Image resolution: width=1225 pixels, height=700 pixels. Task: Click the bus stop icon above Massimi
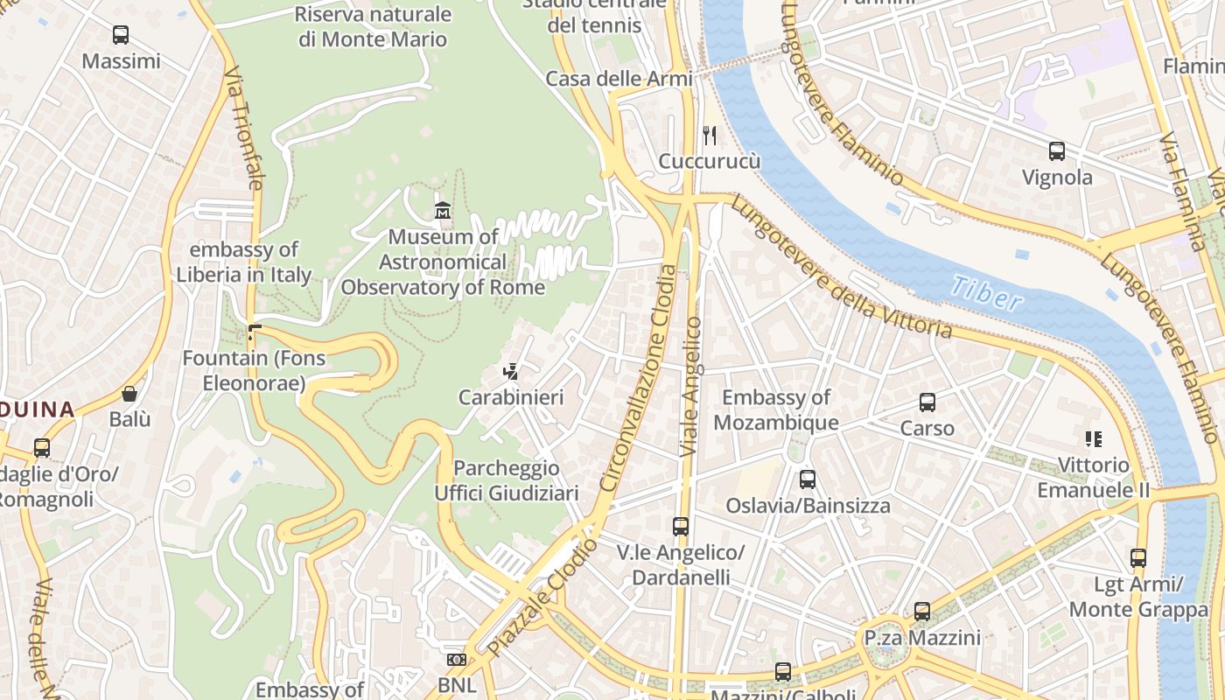tap(121, 35)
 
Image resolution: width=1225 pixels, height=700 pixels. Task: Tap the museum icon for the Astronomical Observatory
tap(443, 211)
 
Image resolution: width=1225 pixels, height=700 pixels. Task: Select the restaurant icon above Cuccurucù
tap(710, 136)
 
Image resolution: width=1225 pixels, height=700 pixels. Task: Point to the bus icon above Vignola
tap(1057, 151)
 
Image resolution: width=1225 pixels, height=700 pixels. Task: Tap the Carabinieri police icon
tap(511, 372)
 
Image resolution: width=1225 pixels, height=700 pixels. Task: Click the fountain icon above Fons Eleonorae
tap(254, 332)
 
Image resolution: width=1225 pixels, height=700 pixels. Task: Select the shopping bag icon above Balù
tap(129, 394)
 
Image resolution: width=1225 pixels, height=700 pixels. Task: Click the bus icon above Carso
tap(927, 402)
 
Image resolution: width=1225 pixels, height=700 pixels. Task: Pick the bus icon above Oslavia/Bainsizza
tap(808, 479)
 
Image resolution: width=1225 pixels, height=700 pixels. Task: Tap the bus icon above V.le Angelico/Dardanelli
tap(681, 527)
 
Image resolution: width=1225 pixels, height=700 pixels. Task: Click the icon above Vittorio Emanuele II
tap(1093, 439)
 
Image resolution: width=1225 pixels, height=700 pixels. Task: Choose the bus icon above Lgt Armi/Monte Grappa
tap(1138, 557)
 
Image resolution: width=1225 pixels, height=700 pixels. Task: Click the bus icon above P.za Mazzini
tap(922, 612)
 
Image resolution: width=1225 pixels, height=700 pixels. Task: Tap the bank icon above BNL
tap(457, 660)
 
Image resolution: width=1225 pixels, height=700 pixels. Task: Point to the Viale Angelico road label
tap(692, 386)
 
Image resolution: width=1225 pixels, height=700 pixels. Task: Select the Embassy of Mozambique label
tap(775, 409)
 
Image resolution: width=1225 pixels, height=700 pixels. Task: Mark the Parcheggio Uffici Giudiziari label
tap(507, 480)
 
